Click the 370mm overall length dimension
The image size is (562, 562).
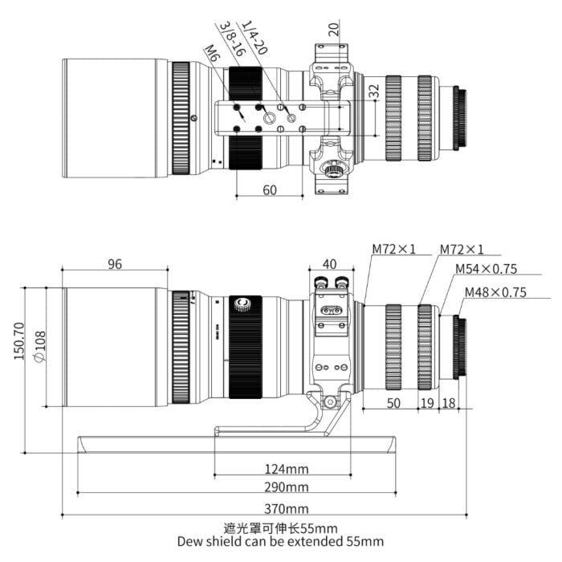[x=287, y=509]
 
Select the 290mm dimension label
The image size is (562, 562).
[x=287, y=487]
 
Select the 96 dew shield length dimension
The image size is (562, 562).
[x=115, y=264]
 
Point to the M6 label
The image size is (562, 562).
[x=210, y=54]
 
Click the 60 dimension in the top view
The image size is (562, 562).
[x=270, y=189]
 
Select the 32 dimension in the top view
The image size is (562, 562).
[x=373, y=92]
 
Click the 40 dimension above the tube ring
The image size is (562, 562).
[x=330, y=264]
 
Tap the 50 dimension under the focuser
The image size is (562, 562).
[x=393, y=403]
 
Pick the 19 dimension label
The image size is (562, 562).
[x=427, y=403]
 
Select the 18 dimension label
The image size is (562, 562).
[x=449, y=403]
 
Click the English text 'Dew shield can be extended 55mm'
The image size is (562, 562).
[x=280, y=542]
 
